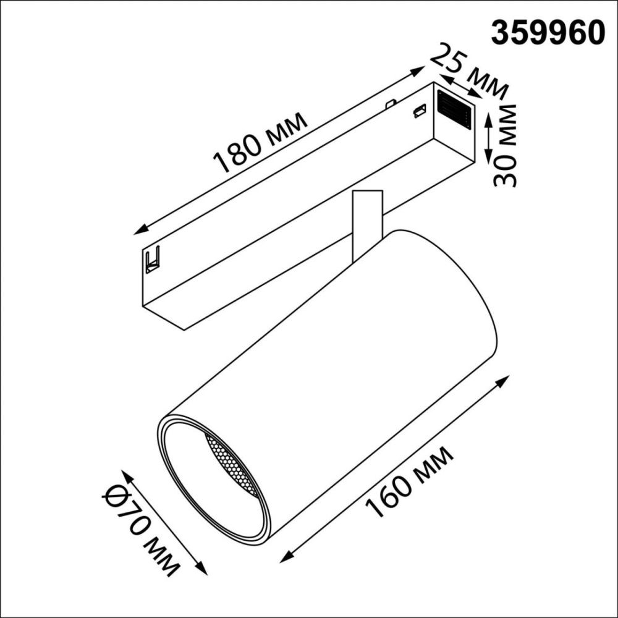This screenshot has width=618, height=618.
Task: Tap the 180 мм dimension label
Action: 260,143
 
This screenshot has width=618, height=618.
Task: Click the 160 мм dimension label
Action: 409,481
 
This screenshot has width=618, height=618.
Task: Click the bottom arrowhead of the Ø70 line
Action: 202,570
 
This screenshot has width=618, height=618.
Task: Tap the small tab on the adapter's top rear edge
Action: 390,103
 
